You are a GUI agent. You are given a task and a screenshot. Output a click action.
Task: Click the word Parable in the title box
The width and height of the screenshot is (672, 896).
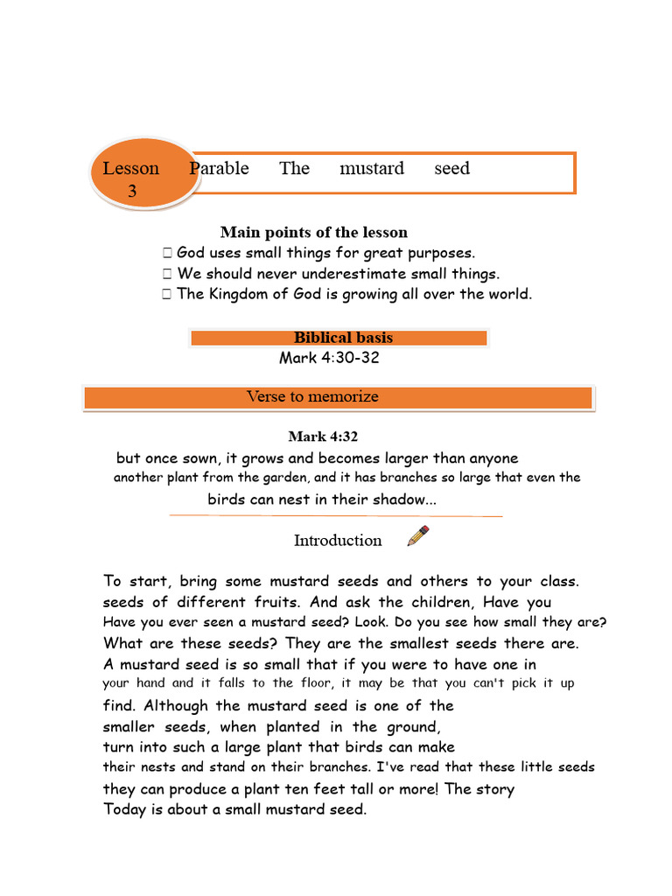pos(220,168)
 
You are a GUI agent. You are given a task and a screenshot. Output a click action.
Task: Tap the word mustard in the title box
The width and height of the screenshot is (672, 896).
pos(372,168)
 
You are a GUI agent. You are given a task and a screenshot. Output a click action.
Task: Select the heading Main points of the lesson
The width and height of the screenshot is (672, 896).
pos(313,232)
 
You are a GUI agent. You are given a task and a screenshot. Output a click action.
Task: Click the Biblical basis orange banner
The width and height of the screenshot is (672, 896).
pos(339,338)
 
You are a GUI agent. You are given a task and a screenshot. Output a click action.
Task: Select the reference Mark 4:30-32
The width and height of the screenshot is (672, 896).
pos(329,358)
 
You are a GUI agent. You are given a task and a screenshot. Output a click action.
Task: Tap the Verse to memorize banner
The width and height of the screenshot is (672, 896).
pos(339,397)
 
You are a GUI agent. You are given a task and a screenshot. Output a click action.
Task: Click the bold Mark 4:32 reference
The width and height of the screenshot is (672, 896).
pos(323,437)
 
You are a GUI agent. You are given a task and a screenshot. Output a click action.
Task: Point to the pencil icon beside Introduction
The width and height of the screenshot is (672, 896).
pos(418,535)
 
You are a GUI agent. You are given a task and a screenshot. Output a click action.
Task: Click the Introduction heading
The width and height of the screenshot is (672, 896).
pos(338,541)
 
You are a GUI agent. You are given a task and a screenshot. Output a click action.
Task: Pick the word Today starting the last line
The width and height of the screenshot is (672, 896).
pos(126,809)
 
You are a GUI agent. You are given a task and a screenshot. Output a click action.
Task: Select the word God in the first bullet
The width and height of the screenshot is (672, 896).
pos(191,252)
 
